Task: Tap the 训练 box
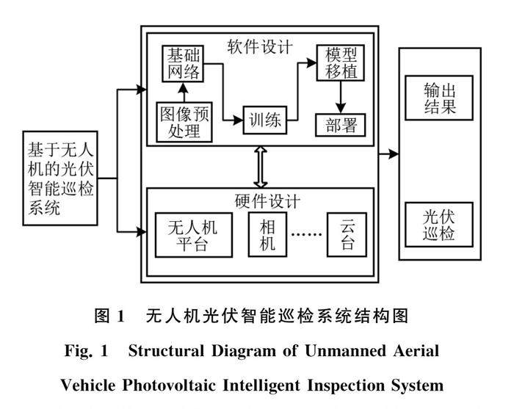click(264, 119)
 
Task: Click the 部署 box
click(339, 125)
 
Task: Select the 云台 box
click(347, 234)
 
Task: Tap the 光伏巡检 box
click(440, 226)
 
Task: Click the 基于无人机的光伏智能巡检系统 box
click(60, 178)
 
